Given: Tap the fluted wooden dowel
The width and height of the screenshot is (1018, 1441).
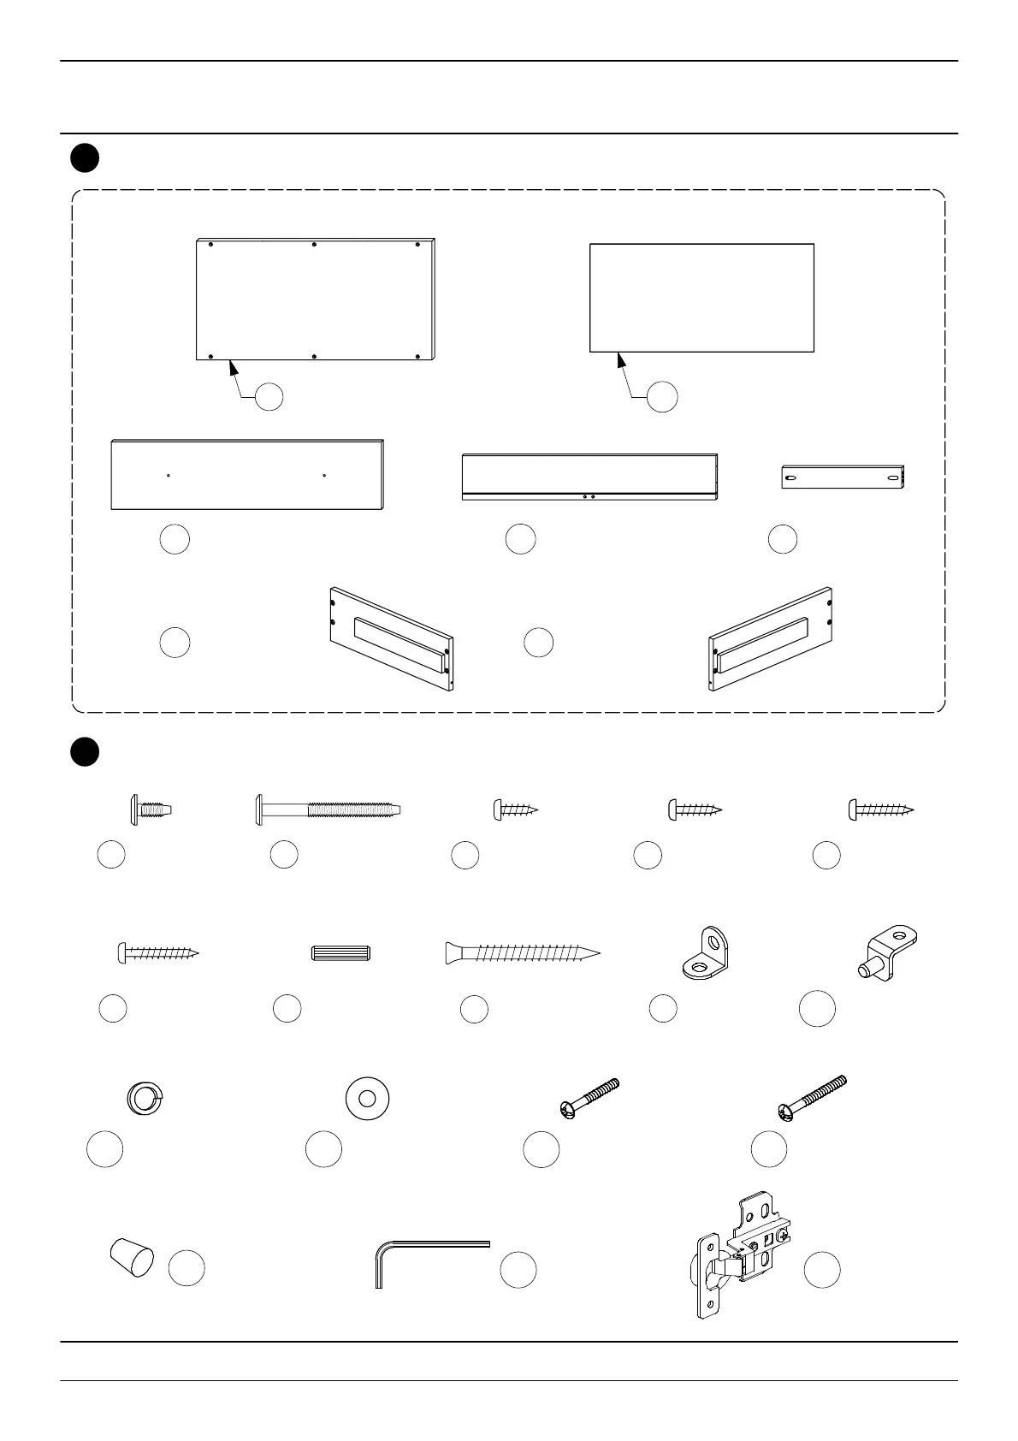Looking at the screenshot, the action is (340, 952).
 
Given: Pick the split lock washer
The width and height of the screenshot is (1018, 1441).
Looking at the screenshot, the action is (144, 1097).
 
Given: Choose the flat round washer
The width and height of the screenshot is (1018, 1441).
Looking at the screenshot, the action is (367, 1097).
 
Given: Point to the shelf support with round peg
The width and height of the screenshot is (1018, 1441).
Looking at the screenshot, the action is (886, 952).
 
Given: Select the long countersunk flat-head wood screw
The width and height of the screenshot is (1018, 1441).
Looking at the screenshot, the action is (522, 952).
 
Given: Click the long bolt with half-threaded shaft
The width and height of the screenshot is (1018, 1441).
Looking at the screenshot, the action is (328, 809).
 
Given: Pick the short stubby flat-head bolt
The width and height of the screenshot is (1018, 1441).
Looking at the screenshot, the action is (151, 809).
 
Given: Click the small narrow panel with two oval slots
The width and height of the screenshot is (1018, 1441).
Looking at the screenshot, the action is (843, 477).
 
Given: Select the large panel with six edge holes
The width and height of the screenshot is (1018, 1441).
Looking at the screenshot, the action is (317, 299).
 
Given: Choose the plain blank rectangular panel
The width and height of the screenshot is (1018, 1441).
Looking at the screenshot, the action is (701, 297).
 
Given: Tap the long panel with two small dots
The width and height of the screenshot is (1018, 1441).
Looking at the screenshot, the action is (246, 475).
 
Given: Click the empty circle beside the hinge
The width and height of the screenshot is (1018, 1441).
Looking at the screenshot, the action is (822, 1270).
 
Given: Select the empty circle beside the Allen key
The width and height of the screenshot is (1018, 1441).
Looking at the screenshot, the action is (518, 1270).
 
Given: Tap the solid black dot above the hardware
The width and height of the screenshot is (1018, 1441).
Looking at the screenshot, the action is (84, 751).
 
